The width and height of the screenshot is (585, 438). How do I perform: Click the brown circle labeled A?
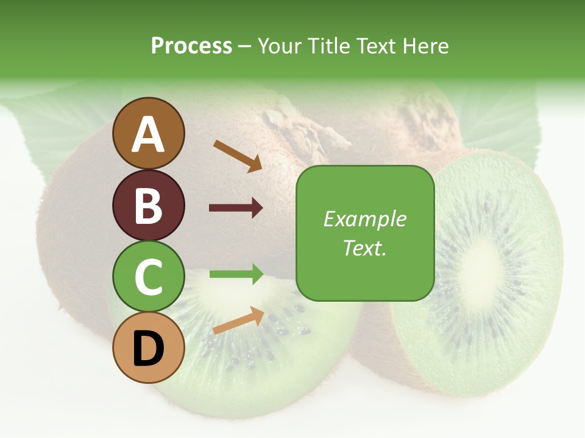pos(148,133)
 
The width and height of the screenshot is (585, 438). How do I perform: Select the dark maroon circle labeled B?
pos(148,205)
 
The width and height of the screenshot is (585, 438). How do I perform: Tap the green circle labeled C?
pos(148,277)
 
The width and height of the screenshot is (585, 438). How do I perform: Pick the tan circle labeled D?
pos(148,348)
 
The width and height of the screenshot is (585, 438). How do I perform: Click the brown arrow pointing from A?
pos(237,155)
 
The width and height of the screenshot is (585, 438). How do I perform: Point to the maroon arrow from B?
pos(236,208)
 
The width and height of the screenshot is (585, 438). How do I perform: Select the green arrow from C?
pos(236,274)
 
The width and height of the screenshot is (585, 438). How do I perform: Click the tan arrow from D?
pos(238,321)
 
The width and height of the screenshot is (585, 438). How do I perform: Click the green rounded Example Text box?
pos(364,233)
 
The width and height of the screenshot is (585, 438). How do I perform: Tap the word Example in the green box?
pos(364,219)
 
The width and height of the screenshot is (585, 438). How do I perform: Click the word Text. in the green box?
pos(364,248)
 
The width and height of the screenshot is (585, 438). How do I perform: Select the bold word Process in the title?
pos(191,46)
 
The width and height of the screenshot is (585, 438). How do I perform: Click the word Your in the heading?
pos(280,46)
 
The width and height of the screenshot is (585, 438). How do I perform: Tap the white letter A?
pos(148,134)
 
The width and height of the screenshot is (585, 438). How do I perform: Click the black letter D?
pos(148,349)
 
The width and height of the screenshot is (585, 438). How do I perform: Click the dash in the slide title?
pos(244,46)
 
